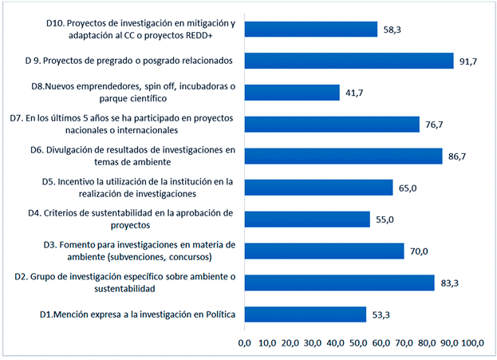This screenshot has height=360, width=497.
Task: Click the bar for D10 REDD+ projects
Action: tap(310, 30)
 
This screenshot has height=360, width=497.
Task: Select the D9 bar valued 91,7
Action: tap(349, 61)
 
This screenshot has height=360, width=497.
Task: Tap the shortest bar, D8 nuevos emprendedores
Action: tap(292, 93)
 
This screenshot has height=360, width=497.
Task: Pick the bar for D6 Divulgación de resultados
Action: tap(343, 156)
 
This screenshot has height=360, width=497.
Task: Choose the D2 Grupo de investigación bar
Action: tap(339, 283)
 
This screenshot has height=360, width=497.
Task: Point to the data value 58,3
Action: tap(392, 30)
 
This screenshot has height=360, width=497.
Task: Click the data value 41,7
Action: tap(353, 93)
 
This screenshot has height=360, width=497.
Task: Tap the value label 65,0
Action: tap(407, 188)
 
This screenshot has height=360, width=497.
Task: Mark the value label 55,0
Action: tap(385, 220)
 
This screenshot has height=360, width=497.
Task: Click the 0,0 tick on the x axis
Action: tap(245, 343)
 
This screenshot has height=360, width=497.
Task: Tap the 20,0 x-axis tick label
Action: tap(290, 343)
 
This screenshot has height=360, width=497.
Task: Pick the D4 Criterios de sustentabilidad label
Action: tap(140, 219)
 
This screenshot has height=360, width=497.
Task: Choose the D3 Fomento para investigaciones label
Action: tap(140, 251)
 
